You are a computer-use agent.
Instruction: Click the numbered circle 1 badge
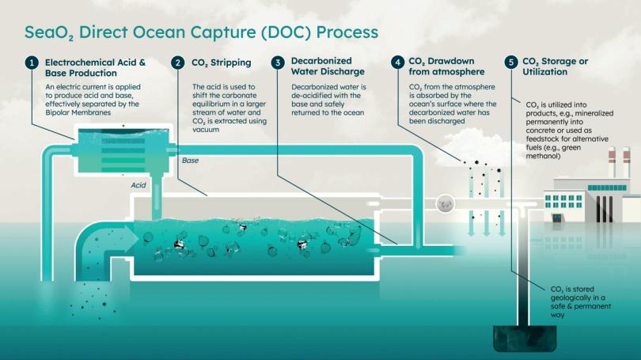(x=31, y=63)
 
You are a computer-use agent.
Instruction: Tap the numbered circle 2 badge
(x=179, y=63)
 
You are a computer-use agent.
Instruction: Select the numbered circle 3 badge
(x=278, y=63)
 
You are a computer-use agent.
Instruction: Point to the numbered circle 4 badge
(x=397, y=63)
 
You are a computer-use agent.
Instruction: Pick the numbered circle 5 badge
(x=510, y=63)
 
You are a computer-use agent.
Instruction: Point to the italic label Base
(x=191, y=161)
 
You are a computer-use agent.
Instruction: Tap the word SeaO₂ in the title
(x=49, y=33)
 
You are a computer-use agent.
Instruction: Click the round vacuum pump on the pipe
(x=445, y=203)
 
